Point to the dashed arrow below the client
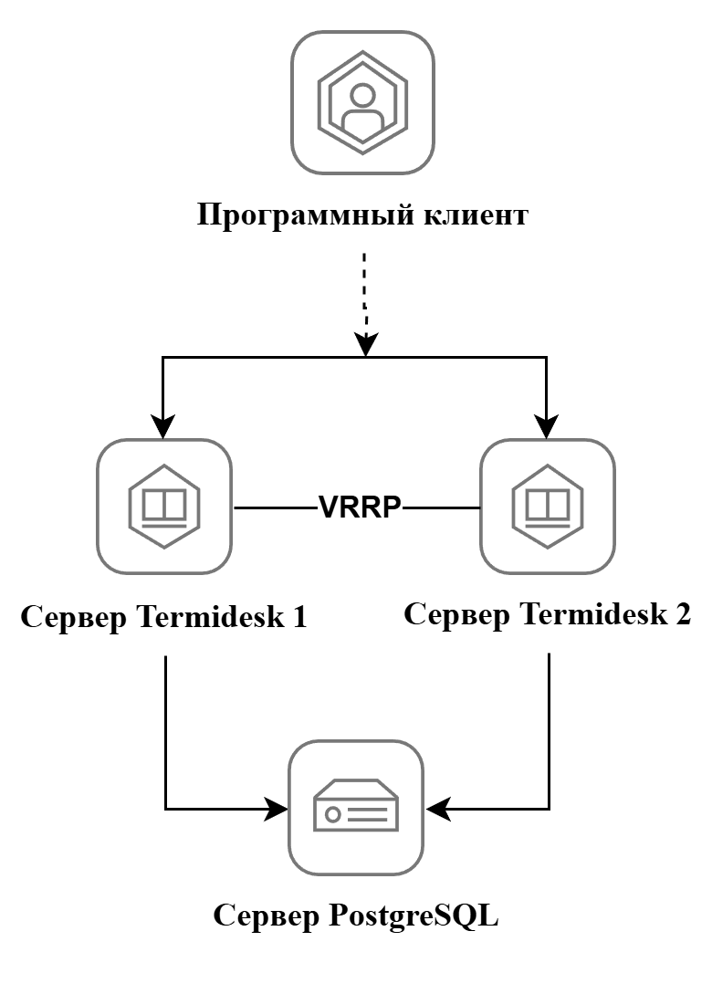click(x=364, y=292)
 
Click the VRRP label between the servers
click(x=360, y=507)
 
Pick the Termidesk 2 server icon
click(x=547, y=506)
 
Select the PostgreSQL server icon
click(x=356, y=808)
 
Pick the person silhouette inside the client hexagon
click(x=362, y=108)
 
